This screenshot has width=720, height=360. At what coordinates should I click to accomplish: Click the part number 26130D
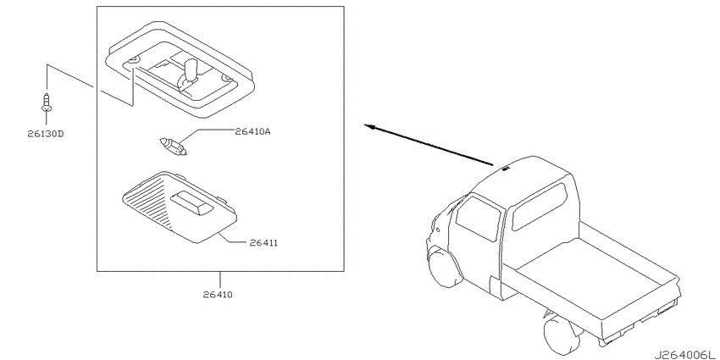coord(45,134)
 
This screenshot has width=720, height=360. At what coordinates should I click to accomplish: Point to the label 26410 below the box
coord(218,295)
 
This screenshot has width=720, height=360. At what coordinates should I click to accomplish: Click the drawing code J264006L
coord(686,354)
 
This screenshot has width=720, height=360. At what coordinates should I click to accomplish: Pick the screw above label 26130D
coord(46,102)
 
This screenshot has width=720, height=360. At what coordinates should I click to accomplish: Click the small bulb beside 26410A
coord(174,146)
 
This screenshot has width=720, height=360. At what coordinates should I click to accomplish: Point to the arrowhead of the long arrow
coord(368,126)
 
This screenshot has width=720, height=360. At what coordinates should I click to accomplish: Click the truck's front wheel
coord(445,269)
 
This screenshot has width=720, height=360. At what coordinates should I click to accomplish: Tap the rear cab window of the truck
coord(539,207)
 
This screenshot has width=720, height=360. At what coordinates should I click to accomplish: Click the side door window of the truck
coord(478,219)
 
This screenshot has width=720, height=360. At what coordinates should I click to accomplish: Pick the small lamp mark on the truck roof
coord(506,169)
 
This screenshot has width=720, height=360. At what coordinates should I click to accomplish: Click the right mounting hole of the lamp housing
coord(226,79)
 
